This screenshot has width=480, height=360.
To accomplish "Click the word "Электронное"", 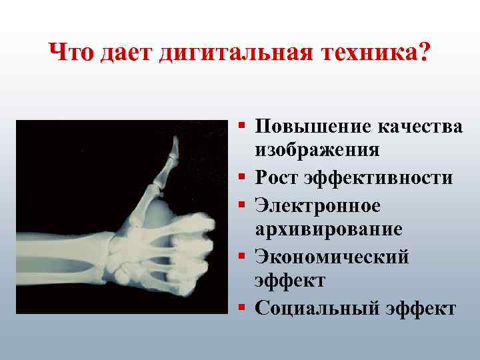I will click(318, 205).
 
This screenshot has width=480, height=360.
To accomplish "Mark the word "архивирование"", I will click(328, 230).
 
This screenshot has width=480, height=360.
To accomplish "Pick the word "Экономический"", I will click(331, 256).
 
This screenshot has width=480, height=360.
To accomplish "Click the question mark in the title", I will click(424, 52).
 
